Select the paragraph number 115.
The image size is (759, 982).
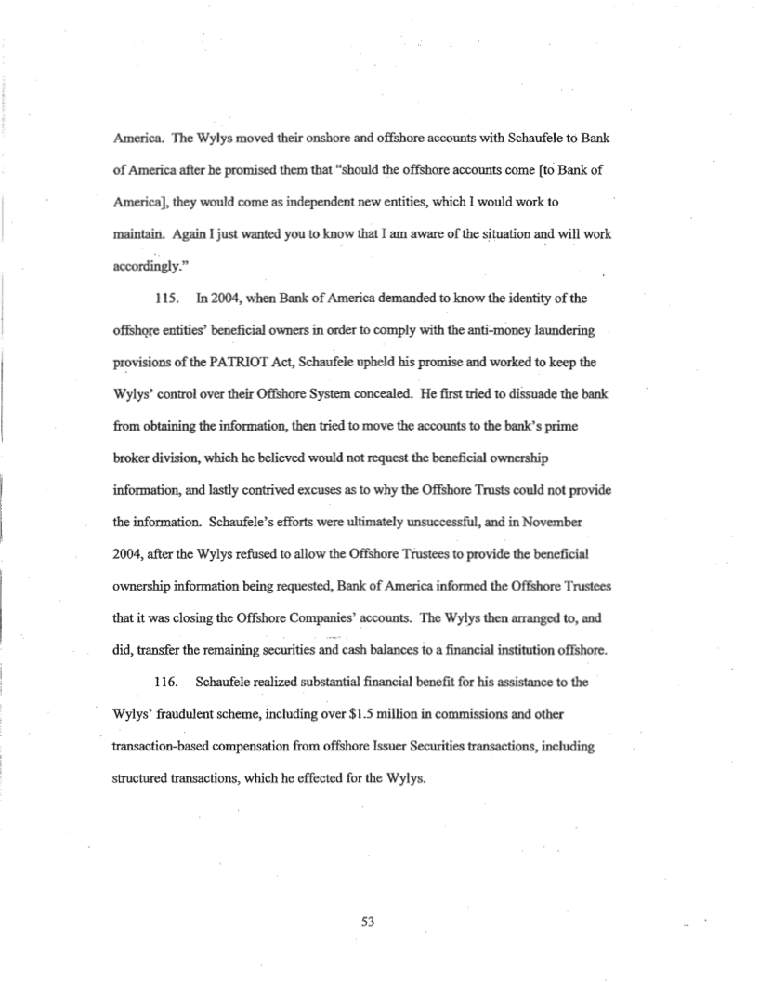tap(165, 303)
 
